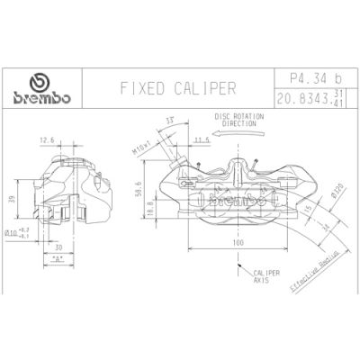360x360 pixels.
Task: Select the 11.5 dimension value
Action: (200, 140)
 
